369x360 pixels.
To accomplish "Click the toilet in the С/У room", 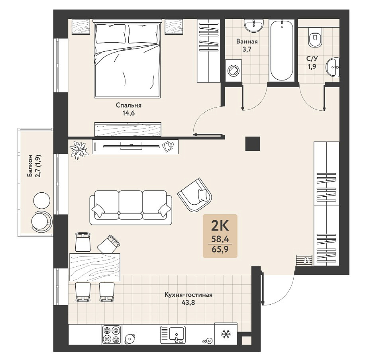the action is click(315, 37).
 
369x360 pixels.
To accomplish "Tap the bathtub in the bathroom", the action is click(282, 50).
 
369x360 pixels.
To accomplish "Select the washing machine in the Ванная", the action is click(234, 70).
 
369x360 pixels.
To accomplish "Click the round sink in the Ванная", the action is click(254, 25).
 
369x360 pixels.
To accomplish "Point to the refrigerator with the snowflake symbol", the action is click(226, 334).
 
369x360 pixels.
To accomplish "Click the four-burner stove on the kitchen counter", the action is click(112, 335).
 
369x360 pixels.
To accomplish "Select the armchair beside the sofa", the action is click(195, 195).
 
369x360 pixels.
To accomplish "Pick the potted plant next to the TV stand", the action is click(79, 150).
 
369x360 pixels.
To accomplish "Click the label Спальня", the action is click(129, 106).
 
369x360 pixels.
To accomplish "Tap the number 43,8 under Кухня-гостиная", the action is click(188, 302).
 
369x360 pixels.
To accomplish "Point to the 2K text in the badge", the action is click(220, 226).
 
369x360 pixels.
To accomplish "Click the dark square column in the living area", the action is click(253, 144).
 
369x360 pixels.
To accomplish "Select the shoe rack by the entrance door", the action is click(304, 260).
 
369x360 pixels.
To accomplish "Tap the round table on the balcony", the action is click(42, 201).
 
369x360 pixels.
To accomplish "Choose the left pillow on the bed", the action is click(110, 34).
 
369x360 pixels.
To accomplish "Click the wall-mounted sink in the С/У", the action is click(332, 67).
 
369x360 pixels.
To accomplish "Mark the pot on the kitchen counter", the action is click(130, 338).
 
